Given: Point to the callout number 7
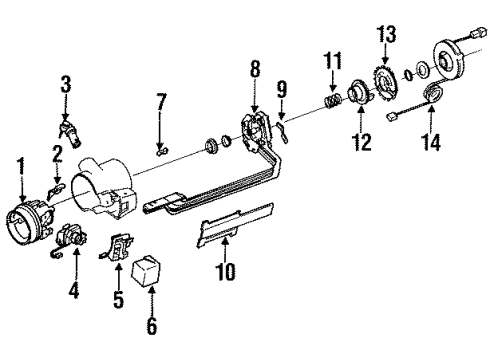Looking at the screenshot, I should tap(161, 103).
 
